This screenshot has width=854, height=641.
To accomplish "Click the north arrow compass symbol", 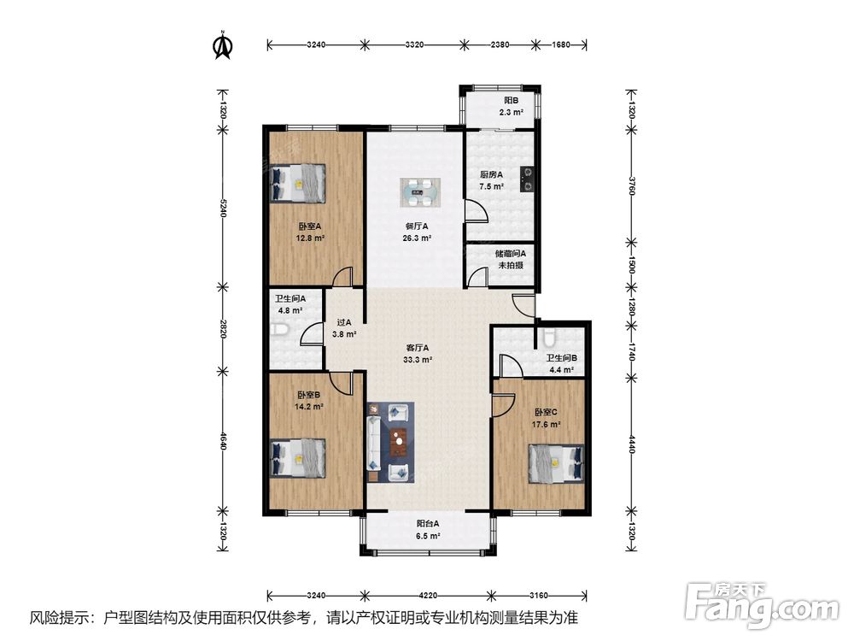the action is tap(223, 44).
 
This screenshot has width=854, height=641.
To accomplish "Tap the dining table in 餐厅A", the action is tap(420, 192).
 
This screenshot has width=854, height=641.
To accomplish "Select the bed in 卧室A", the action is tap(297, 184).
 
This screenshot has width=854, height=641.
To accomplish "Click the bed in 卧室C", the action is tap(556, 464).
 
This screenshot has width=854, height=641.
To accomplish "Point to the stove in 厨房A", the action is tap(527, 179).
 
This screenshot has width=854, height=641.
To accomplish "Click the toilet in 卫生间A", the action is tap(279, 330).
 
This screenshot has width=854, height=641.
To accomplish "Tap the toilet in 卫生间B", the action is tap(548, 338).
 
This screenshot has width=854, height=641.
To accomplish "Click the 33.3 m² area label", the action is tap(418, 360).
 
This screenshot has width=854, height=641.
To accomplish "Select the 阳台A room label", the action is tap(428, 523).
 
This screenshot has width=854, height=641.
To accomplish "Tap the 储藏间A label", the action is tap(511, 254).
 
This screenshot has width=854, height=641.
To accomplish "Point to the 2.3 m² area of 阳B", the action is tap(512, 112).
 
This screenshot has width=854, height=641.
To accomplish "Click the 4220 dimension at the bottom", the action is tap(429, 595).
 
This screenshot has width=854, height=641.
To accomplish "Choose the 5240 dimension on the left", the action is tap(222, 209).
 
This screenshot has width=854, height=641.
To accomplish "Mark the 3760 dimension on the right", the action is tap(631, 185).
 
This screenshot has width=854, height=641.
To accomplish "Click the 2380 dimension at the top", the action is tap(500, 44).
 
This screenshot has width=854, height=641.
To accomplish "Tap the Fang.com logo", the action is tap(762, 603).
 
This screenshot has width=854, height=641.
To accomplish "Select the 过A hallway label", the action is tap(343, 323).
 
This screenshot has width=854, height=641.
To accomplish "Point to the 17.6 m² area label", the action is tap(546, 424).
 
